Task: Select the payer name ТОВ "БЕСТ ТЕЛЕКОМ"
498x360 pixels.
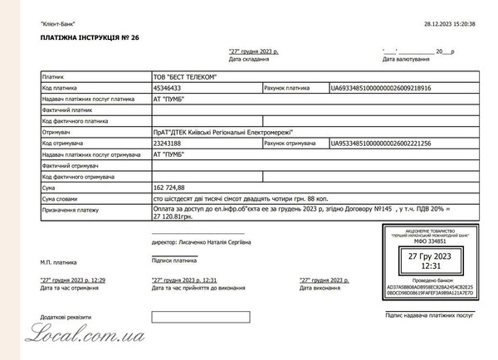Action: [x=184, y=77]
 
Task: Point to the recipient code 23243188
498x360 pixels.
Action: [x=168, y=144]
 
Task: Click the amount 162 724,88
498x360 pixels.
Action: [x=171, y=188]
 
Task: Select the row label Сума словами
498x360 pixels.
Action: [x=61, y=200]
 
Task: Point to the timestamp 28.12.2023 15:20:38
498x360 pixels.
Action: [x=449, y=25]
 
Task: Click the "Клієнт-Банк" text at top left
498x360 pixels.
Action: [x=57, y=25]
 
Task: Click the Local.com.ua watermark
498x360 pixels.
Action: [x=86, y=333]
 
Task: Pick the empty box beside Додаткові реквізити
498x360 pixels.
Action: [x=188, y=316]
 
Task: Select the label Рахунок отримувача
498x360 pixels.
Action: [x=290, y=144]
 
